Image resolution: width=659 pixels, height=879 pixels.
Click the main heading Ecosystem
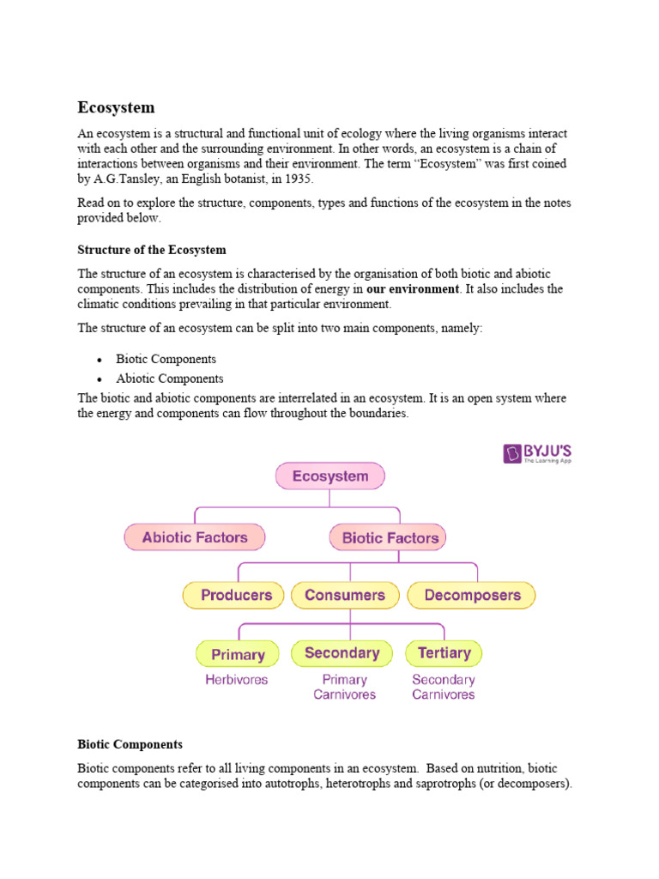tap(117, 108)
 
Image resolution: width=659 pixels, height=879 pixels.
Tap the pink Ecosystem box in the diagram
tap(330, 476)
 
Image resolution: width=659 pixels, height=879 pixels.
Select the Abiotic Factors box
tap(195, 538)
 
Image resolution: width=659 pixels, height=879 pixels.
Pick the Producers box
tap(236, 595)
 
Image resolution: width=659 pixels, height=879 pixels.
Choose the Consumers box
tap(345, 595)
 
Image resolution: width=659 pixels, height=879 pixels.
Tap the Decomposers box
tap(471, 595)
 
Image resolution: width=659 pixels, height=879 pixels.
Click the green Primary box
tap(238, 654)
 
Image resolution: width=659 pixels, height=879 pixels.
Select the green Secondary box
tap(342, 653)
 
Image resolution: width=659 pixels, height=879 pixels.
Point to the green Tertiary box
tap(444, 653)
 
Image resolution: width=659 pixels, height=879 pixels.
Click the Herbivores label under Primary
tap(236, 680)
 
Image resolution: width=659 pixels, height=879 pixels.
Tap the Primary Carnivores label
tap(344, 687)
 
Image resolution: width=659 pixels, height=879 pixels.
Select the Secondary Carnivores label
tap(444, 687)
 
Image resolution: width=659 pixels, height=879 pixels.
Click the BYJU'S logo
tap(538, 452)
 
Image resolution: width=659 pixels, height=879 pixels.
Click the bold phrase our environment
tap(413, 289)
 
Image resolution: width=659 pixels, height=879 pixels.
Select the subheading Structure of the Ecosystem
tap(152, 250)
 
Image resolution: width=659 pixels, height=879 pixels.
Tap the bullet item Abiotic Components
tap(170, 379)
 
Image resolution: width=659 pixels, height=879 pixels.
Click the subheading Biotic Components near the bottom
tap(130, 744)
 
